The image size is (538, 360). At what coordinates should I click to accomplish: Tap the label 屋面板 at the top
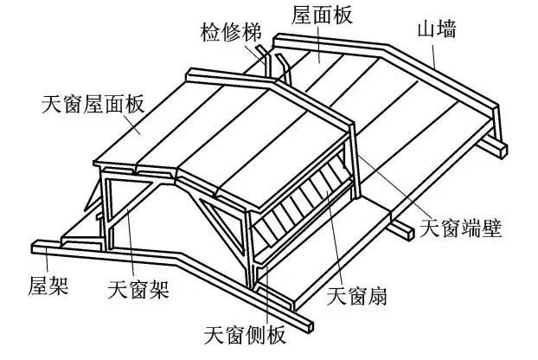click(322, 15)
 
